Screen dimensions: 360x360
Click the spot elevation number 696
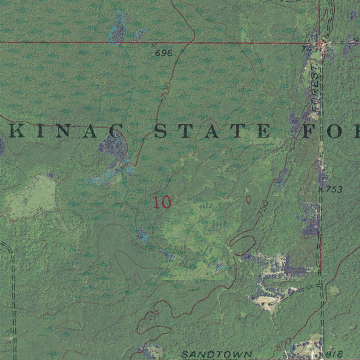(164, 53)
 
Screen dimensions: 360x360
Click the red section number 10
(162, 202)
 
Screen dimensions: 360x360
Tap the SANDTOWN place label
(217, 354)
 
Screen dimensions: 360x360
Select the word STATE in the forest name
(212, 131)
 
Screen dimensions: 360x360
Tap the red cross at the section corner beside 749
(320, 43)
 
